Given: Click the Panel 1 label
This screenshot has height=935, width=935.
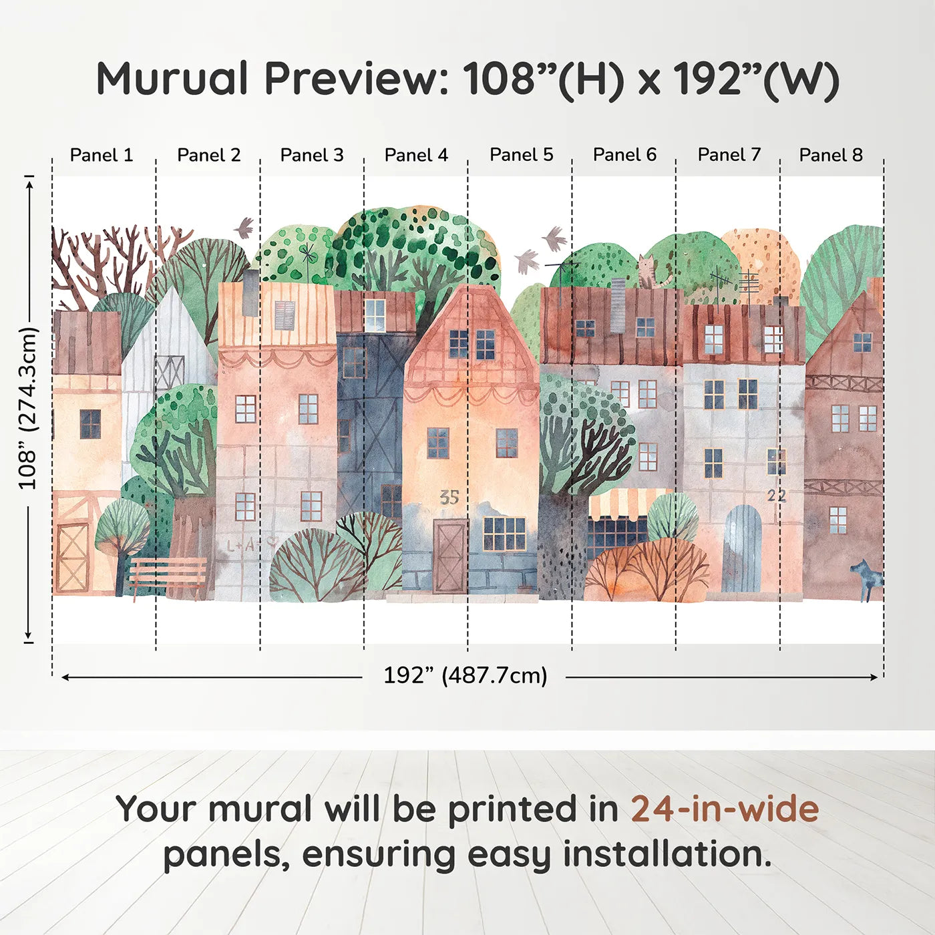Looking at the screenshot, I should (102, 155).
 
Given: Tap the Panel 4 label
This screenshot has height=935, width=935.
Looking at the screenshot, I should (416, 155).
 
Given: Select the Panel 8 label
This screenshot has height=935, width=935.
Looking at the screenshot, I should (831, 155).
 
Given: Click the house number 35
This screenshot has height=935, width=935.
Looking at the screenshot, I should (449, 497).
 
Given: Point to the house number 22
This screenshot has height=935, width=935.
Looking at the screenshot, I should (776, 496).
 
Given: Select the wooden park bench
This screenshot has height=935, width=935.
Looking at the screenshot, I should (168, 573).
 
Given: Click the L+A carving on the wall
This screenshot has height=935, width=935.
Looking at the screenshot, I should (240, 545).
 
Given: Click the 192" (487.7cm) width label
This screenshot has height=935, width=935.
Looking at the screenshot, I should (465, 675).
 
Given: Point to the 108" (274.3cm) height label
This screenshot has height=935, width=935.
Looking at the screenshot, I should (28, 408).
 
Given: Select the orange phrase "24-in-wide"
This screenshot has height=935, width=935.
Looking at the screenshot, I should (725, 809).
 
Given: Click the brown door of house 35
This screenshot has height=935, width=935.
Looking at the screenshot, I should (449, 556).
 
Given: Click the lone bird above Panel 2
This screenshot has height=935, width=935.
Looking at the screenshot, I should (244, 228).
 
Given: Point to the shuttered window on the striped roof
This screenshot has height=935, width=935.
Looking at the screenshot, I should (285, 315).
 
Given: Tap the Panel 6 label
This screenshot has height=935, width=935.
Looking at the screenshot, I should (624, 155).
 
